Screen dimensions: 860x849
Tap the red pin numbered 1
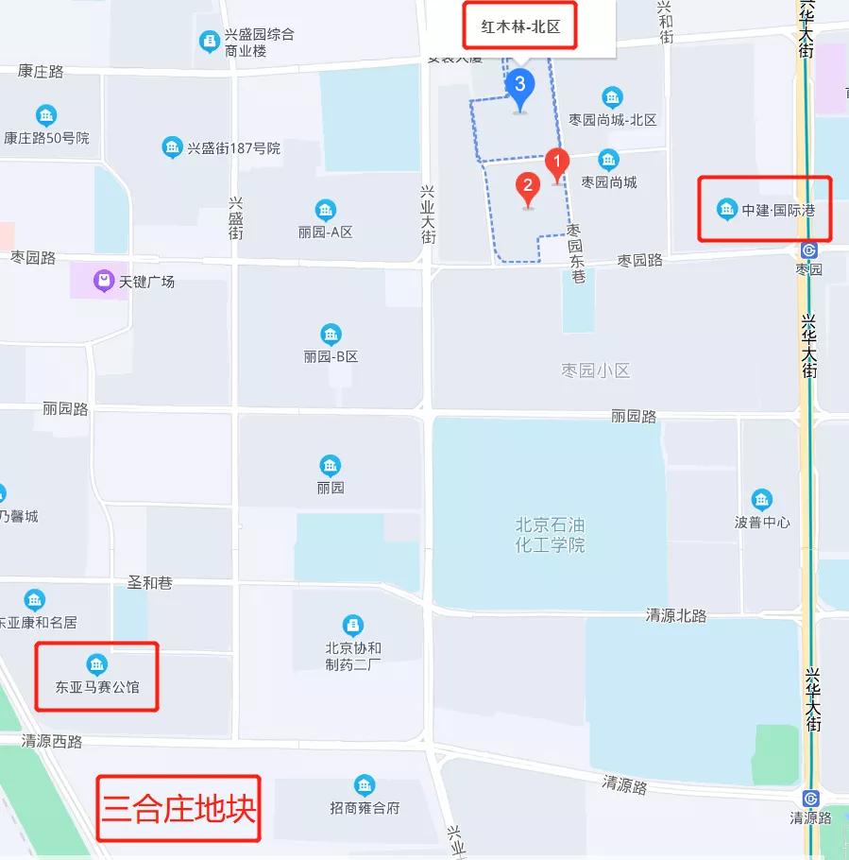click(556, 162)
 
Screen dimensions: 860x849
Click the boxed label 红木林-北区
click(520, 27)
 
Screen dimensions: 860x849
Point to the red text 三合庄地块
click(179, 809)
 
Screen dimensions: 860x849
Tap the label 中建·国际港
click(775, 210)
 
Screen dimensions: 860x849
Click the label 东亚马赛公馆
click(97, 687)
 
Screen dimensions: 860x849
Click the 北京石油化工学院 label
click(551, 535)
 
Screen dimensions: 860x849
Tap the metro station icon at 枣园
click(808, 249)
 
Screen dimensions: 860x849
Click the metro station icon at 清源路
click(809, 798)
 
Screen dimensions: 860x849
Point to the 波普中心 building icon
click(761, 499)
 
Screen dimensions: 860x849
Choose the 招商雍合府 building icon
click(365, 784)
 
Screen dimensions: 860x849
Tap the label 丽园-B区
click(331, 357)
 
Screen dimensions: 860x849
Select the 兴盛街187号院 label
click(233, 148)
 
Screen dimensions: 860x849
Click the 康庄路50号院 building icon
click(45, 116)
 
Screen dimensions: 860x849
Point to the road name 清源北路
click(676, 616)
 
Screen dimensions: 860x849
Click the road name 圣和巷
click(150, 583)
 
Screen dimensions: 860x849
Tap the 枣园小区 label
click(595, 370)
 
